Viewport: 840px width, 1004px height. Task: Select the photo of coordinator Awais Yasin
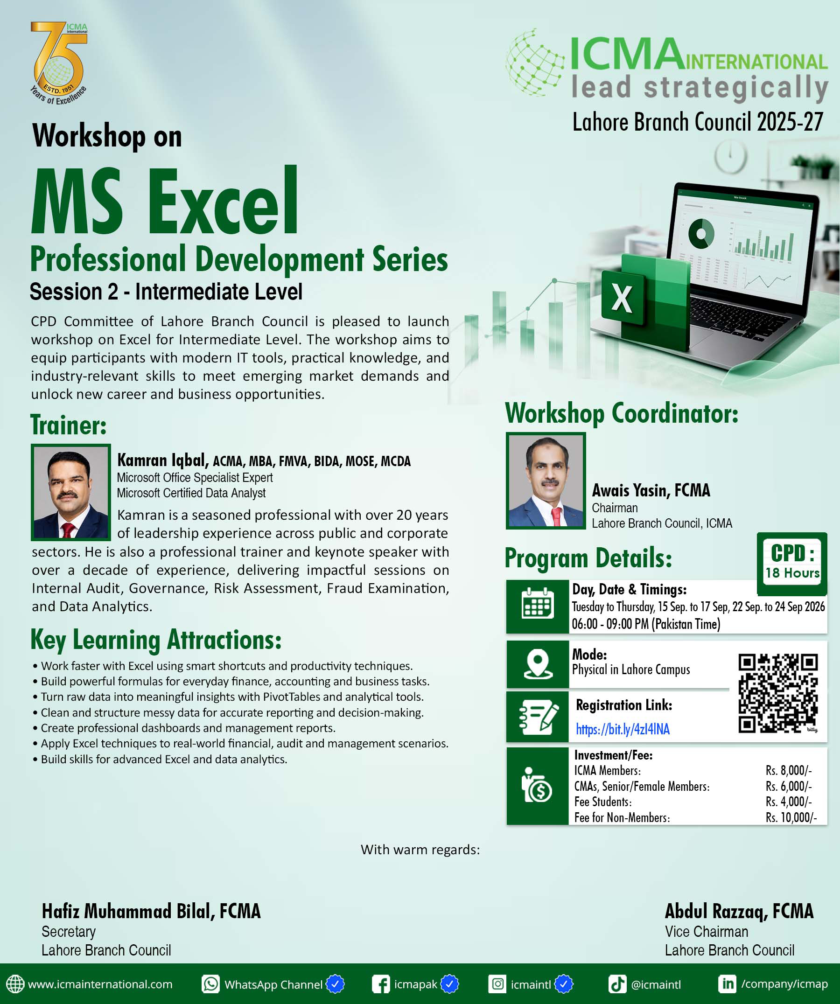click(546, 481)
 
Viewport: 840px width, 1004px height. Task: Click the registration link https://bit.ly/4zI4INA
click(623, 729)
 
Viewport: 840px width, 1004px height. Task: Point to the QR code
click(778, 693)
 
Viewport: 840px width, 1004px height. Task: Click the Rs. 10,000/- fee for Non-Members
click(791, 817)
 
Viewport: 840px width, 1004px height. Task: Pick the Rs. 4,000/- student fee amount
click(788, 802)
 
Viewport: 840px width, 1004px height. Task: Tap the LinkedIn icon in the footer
click(727, 984)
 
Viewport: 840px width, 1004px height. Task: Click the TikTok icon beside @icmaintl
click(617, 984)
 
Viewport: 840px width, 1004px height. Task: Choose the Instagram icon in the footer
click(497, 984)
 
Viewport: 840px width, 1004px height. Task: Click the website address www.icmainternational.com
click(100, 984)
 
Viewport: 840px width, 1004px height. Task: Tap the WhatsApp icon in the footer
click(210, 984)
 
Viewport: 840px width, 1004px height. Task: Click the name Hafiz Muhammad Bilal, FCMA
click(151, 912)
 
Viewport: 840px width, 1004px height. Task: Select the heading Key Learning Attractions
click(156, 640)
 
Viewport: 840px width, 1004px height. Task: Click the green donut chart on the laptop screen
click(701, 234)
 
